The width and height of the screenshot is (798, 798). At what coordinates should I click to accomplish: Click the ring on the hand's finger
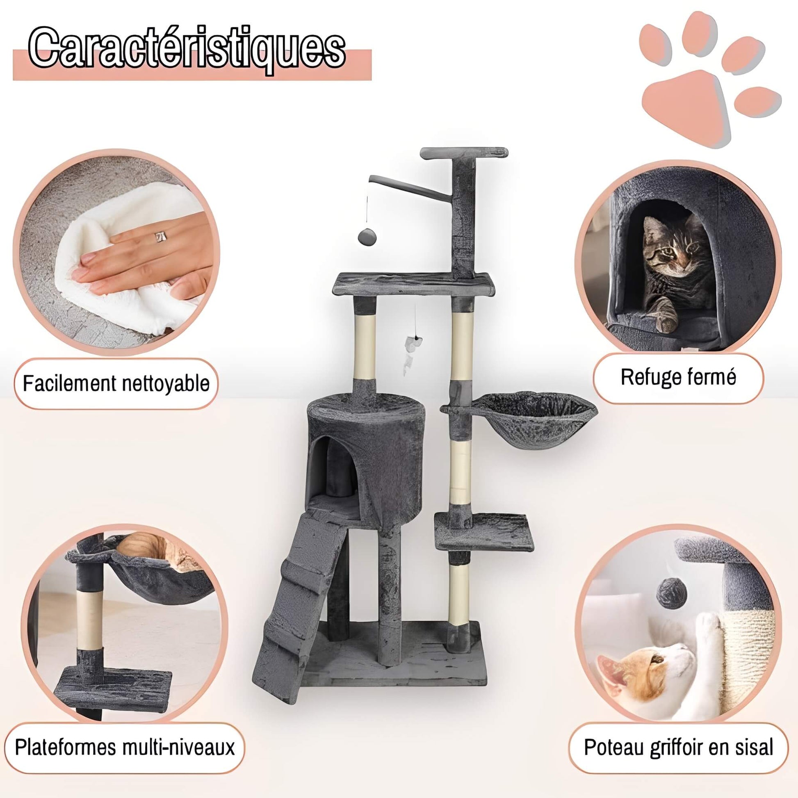coord(161,237)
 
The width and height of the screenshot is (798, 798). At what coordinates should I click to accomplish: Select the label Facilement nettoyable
coord(116,384)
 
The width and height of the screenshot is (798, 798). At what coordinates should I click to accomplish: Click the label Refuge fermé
coord(678,378)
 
